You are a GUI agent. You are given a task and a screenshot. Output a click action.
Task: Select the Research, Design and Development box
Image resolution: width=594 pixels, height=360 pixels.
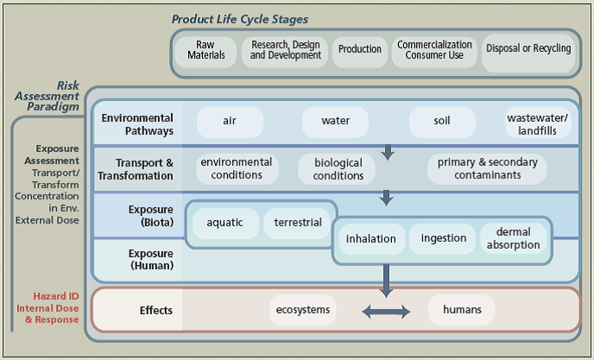coord(285,50)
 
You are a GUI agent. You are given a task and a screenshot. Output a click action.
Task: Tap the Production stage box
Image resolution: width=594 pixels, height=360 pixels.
coord(360,49)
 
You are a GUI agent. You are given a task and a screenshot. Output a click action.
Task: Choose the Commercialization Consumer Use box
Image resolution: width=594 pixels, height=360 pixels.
coord(434,50)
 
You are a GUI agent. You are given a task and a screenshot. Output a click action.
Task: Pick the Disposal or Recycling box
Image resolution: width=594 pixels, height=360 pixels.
coord(528,49)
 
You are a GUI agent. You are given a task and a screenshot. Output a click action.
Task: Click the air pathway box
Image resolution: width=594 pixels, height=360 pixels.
coord(230,122)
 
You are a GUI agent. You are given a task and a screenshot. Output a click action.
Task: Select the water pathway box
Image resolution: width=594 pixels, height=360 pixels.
coord(335,122)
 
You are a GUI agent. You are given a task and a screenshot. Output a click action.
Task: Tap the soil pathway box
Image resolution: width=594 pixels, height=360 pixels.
coord(442,122)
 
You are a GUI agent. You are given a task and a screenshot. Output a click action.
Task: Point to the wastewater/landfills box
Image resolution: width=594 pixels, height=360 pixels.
coord(537,124)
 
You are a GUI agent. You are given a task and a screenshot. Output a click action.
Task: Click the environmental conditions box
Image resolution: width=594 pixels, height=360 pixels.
coord(237,168)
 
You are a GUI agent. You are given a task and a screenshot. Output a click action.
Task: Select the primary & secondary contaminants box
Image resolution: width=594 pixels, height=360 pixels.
coord(487,168)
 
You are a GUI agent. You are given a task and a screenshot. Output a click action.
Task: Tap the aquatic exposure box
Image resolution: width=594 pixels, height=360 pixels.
coord(225,223)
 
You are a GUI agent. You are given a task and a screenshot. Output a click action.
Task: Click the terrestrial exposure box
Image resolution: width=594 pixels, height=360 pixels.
coord(298,223)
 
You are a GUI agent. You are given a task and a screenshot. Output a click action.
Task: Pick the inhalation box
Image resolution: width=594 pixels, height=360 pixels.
coord(371,239)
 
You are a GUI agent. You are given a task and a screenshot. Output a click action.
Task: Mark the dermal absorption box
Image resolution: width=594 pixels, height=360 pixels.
coord(513,238)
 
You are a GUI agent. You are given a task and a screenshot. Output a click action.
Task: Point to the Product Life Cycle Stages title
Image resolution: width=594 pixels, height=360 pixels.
coord(240,19)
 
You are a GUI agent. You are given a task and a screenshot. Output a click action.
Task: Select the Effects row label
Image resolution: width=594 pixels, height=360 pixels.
coord(156,309)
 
